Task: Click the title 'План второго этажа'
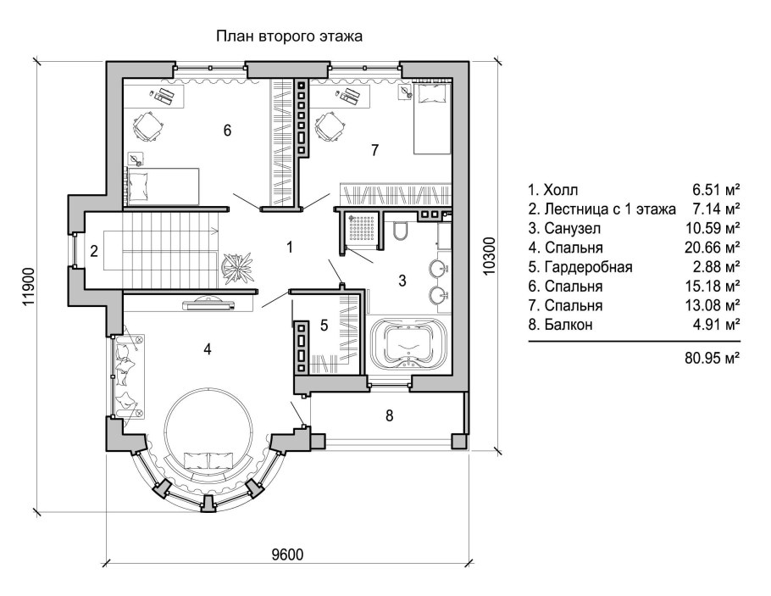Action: pos(289,36)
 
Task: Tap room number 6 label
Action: pos(227,131)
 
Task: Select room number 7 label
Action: pos(374,150)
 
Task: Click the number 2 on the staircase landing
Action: pos(95,250)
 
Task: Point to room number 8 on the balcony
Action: pos(389,415)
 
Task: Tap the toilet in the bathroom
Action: pos(401,231)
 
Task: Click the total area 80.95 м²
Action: pos(712,358)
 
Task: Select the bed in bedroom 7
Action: pos(432,119)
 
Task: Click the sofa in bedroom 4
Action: pos(125,373)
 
